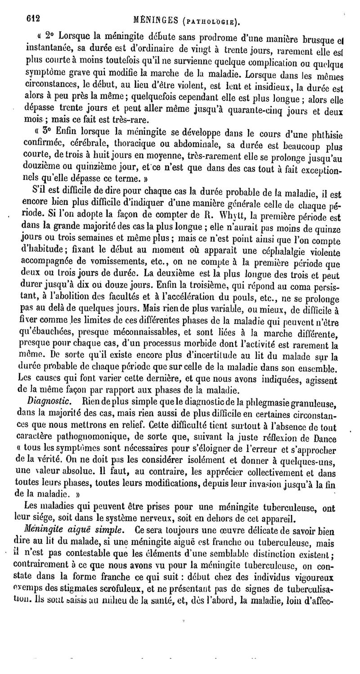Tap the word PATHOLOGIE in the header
213,21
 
